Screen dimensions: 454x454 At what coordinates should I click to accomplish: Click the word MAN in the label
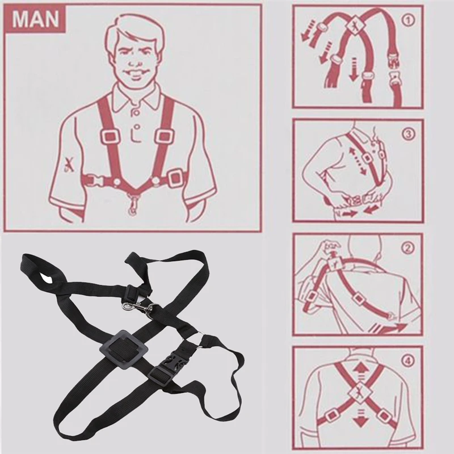click(35, 19)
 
